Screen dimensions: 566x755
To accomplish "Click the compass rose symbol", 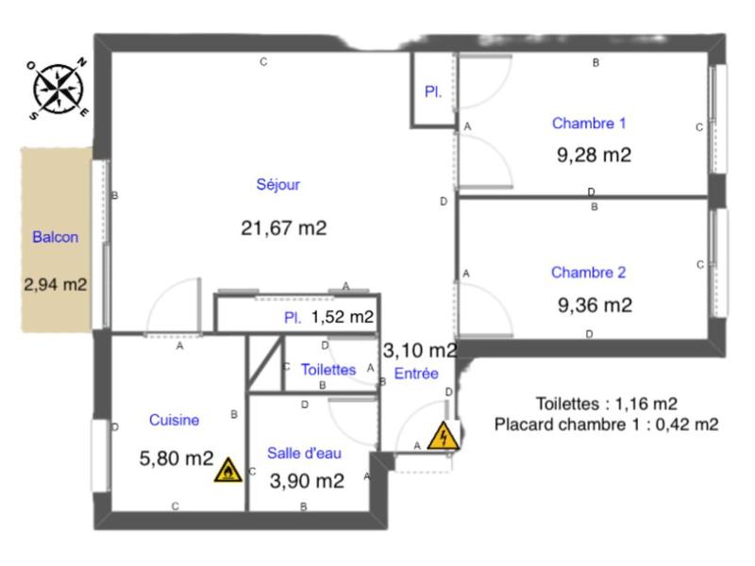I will [59, 88].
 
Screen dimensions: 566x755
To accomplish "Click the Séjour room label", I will [277, 185].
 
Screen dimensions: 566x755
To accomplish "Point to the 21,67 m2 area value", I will [284, 227].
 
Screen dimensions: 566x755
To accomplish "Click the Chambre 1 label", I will [589, 123].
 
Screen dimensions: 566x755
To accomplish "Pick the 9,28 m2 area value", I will [594, 156].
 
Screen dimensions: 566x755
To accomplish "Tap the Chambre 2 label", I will [589, 273].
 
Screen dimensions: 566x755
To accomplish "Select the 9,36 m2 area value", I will [594, 305].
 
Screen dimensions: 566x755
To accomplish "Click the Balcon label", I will [55, 238].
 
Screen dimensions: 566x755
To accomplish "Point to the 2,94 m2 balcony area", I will [56, 283].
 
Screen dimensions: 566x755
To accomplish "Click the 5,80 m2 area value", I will [176, 459].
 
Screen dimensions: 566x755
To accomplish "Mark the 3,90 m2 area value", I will [307, 481].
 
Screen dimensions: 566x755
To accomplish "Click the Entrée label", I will [416, 374].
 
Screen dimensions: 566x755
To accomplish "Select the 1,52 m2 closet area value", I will [342, 318].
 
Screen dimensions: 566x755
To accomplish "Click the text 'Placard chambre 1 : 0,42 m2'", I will [606, 424].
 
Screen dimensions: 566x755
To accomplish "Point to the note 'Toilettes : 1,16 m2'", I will [606, 403].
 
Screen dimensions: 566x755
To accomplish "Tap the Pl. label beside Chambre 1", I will [433, 92].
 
